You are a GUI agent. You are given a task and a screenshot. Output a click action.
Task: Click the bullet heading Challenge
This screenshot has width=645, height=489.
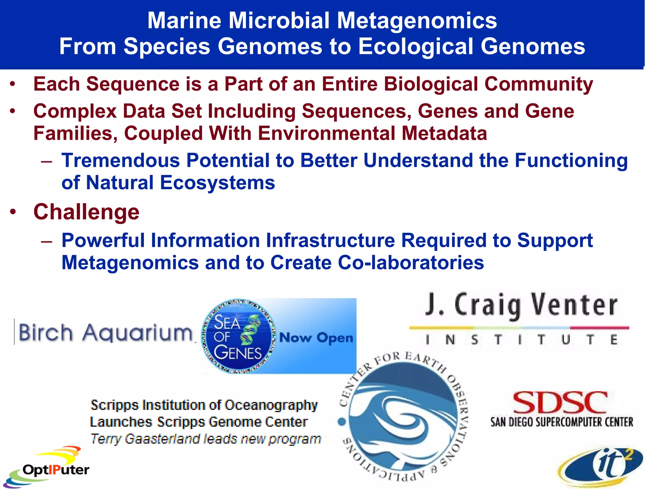(x=86, y=212)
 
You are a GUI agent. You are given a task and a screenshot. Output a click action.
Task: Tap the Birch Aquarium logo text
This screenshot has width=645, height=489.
(x=106, y=333)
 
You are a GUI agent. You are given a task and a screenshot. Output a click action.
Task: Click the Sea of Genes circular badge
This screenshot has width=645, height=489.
(x=238, y=336)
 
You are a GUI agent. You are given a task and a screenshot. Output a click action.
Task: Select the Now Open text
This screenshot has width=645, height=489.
(x=316, y=338)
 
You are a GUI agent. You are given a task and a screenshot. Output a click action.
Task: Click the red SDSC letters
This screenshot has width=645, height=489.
(x=560, y=402)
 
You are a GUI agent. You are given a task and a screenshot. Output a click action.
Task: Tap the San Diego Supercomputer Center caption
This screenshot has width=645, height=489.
(x=562, y=422)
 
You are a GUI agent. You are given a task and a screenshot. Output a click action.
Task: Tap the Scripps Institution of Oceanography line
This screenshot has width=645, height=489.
(x=204, y=405)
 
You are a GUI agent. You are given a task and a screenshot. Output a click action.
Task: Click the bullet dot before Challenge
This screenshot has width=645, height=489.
(x=13, y=212)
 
